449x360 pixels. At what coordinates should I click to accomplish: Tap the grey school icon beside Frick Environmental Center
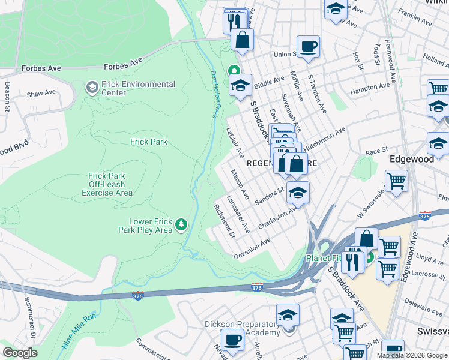92,88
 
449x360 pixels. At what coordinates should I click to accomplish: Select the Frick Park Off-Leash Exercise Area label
107,184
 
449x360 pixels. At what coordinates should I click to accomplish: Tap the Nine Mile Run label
78,337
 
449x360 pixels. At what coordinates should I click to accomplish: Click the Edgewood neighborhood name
411,159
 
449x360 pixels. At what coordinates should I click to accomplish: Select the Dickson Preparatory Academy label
242,328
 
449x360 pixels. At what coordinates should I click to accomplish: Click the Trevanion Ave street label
252,248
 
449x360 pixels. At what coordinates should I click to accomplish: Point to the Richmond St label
224,221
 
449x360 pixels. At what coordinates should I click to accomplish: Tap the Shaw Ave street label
41,94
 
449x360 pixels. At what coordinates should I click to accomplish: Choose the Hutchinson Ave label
324,139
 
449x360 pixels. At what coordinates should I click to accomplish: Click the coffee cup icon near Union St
308,46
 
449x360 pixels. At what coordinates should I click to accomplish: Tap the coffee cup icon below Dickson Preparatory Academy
232,340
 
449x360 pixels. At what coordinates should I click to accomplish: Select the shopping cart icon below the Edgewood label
396,180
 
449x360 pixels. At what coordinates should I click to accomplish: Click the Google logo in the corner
20,353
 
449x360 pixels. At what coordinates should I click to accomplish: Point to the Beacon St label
8,97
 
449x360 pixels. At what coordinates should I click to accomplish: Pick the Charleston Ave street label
277,218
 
